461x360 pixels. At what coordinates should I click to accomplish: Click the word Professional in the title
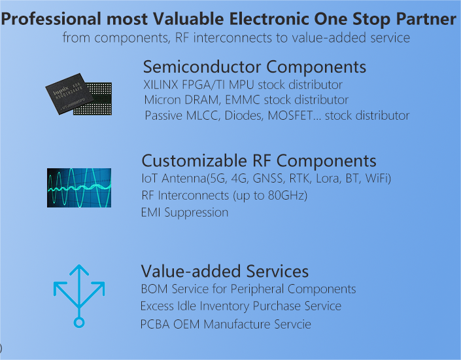click(51, 20)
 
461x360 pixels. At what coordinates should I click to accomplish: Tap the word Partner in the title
click(426, 19)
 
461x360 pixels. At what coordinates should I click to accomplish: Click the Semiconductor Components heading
click(254, 67)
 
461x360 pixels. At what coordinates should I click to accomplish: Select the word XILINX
click(160, 85)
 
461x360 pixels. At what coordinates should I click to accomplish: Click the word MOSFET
click(290, 115)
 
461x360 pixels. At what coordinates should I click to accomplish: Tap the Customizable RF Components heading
click(259, 161)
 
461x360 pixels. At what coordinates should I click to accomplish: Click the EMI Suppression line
click(184, 213)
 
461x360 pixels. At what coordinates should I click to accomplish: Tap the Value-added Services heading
click(225, 271)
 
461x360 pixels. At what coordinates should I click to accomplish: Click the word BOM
click(154, 289)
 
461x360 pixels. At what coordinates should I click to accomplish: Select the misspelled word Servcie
click(292, 325)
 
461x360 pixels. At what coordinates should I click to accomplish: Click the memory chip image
click(78, 94)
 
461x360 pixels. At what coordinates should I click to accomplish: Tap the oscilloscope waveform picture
click(79, 188)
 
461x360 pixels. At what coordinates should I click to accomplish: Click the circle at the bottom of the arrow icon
click(78, 322)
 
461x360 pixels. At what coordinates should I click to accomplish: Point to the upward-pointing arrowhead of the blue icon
click(79, 268)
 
